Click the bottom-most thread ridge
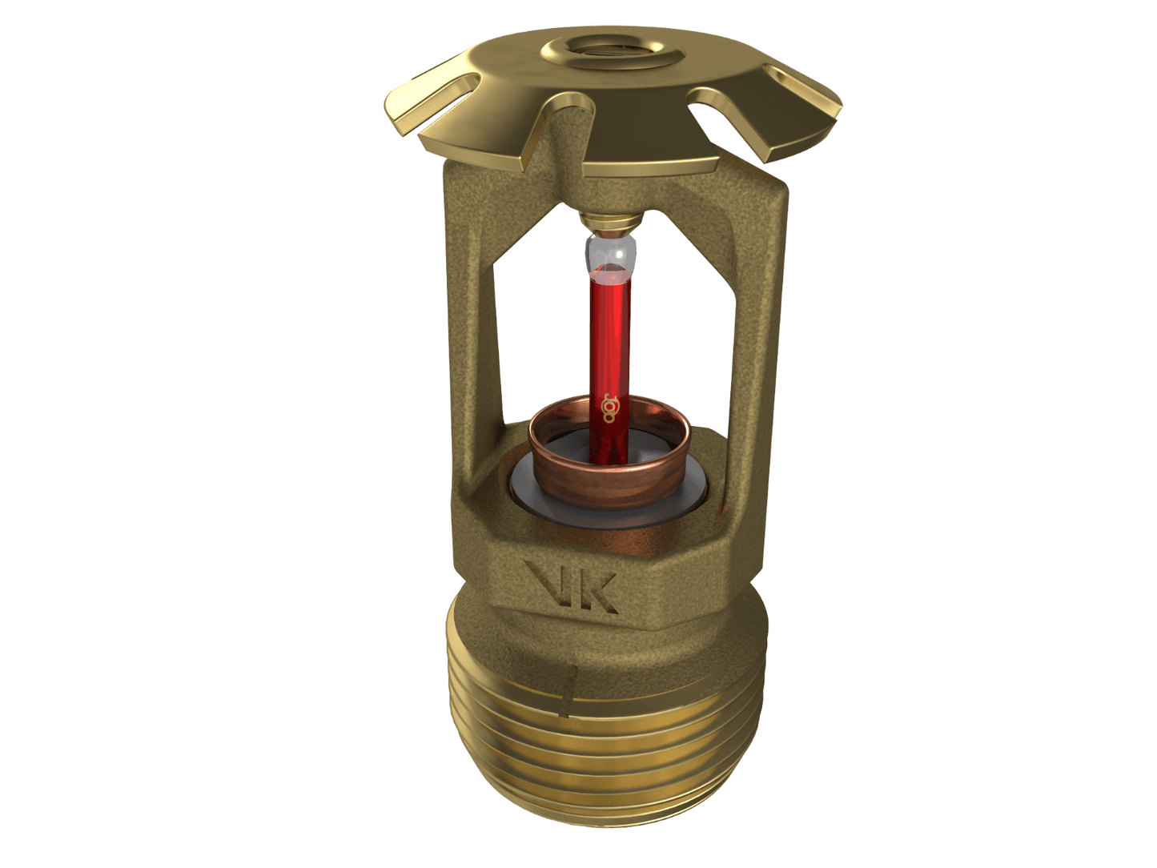click(609, 833)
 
